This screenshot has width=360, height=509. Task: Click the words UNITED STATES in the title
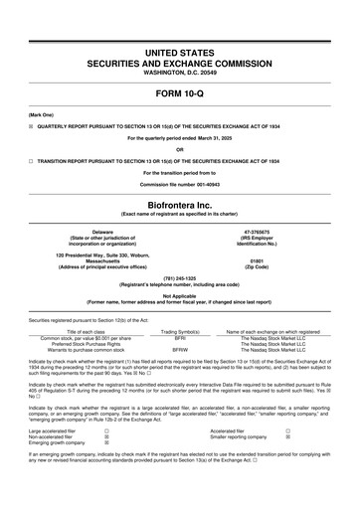tap(180, 50)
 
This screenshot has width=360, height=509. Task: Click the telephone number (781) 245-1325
tap(180, 279)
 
